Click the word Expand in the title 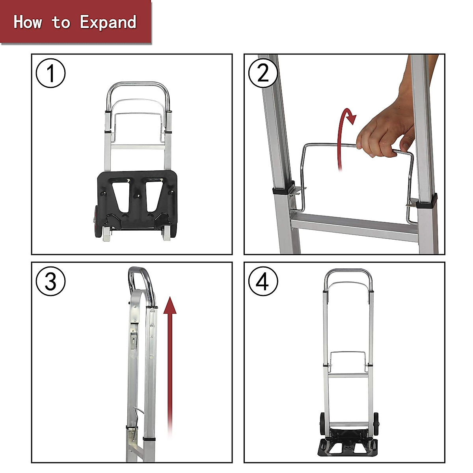[x=108, y=22]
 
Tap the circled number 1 [x=50, y=73]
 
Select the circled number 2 [x=263, y=73]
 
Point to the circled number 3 [x=50, y=281]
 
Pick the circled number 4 [x=263, y=281]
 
